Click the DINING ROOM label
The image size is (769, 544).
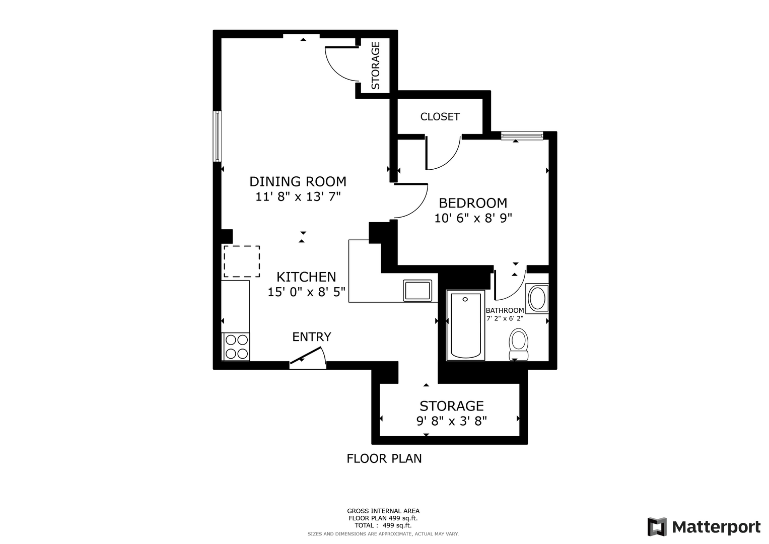point(298,182)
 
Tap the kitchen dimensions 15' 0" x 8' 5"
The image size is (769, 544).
point(306,292)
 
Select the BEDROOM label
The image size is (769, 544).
point(473,203)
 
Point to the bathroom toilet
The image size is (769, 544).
point(518,344)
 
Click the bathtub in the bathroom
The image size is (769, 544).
point(465,325)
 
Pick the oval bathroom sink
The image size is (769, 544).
point(537,298)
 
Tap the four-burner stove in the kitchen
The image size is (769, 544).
point(236,347)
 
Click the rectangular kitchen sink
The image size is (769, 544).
point(417,291)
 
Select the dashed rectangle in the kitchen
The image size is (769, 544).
point(242,261)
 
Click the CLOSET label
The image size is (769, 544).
point(440,117)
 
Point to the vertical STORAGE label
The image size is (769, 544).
point(376,65)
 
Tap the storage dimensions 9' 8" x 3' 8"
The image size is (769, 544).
point(452,421)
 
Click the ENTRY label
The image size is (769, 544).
point(311,337)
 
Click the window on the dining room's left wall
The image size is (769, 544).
point(218,137)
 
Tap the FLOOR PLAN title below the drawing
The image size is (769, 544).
point(384,458)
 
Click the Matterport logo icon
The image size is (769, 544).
point(657,527)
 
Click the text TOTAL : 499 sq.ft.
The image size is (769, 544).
point(383,525)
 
